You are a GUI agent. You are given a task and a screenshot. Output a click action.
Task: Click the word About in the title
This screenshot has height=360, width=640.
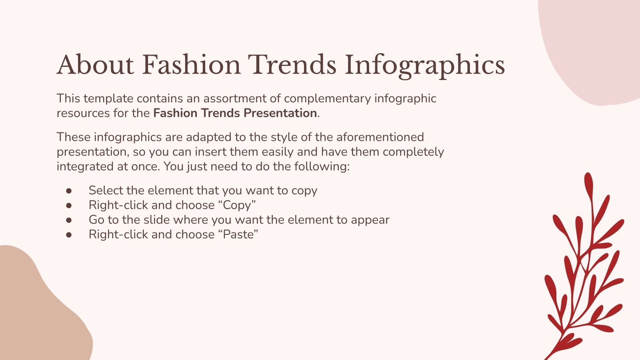pos(95,65)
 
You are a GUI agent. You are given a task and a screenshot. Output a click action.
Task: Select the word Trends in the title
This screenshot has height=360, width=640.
pos(292,65)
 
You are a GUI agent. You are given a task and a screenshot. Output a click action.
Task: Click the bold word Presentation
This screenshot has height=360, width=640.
pos(280,113)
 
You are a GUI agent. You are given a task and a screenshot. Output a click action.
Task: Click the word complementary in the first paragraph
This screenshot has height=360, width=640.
pos(328,98)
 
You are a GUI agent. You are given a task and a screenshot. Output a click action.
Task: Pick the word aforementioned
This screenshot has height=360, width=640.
pos(380,137)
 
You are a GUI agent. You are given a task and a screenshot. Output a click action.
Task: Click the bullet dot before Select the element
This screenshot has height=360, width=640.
pos(69,191)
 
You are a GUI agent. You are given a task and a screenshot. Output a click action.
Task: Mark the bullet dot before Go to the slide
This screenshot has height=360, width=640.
pos(69,220)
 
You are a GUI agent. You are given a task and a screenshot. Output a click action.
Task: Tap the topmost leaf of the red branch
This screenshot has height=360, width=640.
pos(588,184)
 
